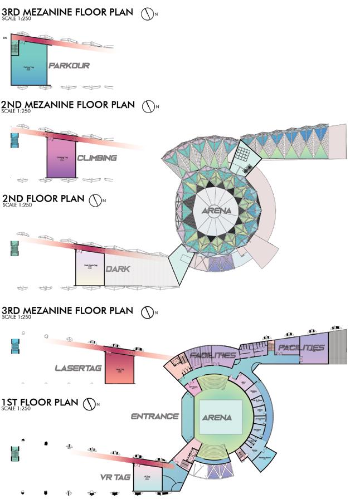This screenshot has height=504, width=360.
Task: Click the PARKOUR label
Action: pyautogui.click(x=69, y=66)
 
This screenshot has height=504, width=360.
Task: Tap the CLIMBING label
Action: pyautogui.click(x=97, y=158)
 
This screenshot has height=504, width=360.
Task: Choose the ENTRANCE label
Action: pyautogui.click(x=154, y=416)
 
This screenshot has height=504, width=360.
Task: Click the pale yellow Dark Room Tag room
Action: pyautogui.click(x=90, y=270)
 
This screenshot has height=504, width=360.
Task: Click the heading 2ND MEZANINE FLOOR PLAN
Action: pyautogui.click(x=68, y=104)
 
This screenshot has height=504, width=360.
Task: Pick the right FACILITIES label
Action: pyautogui.click(x=301, y=348)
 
